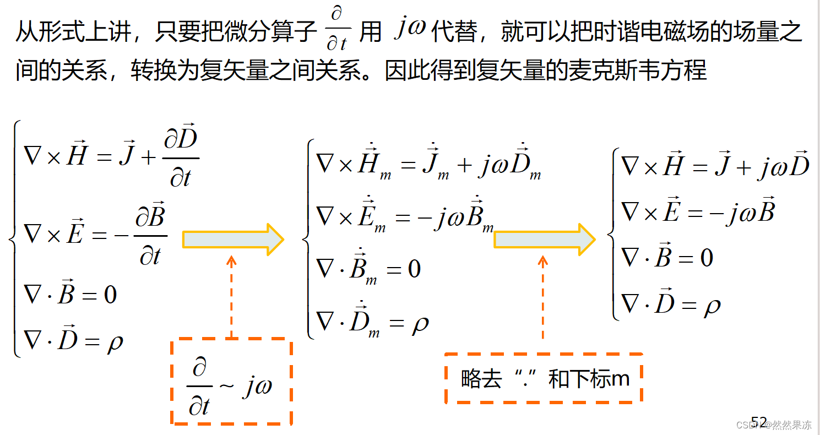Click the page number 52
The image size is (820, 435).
[759, 422]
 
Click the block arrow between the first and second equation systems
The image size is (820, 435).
[232, 240]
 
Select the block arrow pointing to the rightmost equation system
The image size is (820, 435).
[544, 240]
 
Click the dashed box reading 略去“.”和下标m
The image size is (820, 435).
[544, 379]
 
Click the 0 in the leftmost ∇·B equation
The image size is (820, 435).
[110, 295]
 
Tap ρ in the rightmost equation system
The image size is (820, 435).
[712, 305]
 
